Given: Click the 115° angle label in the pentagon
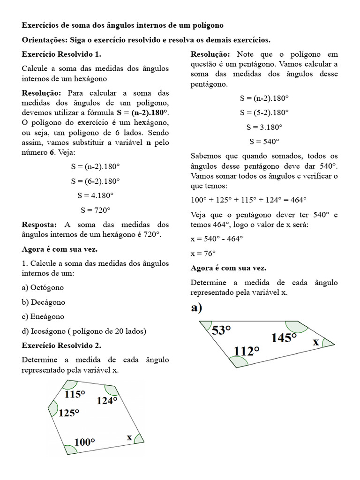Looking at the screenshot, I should (75, 395).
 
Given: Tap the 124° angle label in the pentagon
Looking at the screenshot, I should (107, 401).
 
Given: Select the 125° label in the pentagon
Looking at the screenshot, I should (69, 413).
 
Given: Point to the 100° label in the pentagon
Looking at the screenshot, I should (84, 442).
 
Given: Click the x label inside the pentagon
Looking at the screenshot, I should (129, 437).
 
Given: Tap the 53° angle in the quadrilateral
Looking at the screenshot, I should (222, 330).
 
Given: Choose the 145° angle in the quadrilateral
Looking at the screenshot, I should (284, 337).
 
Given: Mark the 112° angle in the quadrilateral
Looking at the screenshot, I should (247, 351).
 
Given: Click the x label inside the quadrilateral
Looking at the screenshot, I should (316, 342).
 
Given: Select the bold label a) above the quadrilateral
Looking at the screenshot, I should (196, 308).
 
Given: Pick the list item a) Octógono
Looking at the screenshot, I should (43, 287).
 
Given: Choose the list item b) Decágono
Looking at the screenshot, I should (44, 302).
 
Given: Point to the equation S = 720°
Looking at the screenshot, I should (96, 210).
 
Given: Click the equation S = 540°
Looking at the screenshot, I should (264, 141).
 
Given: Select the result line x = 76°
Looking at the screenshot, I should (203, 254).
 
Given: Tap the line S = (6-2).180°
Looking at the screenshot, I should (96, 180).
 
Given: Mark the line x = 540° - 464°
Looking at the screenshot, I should (217, 239).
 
